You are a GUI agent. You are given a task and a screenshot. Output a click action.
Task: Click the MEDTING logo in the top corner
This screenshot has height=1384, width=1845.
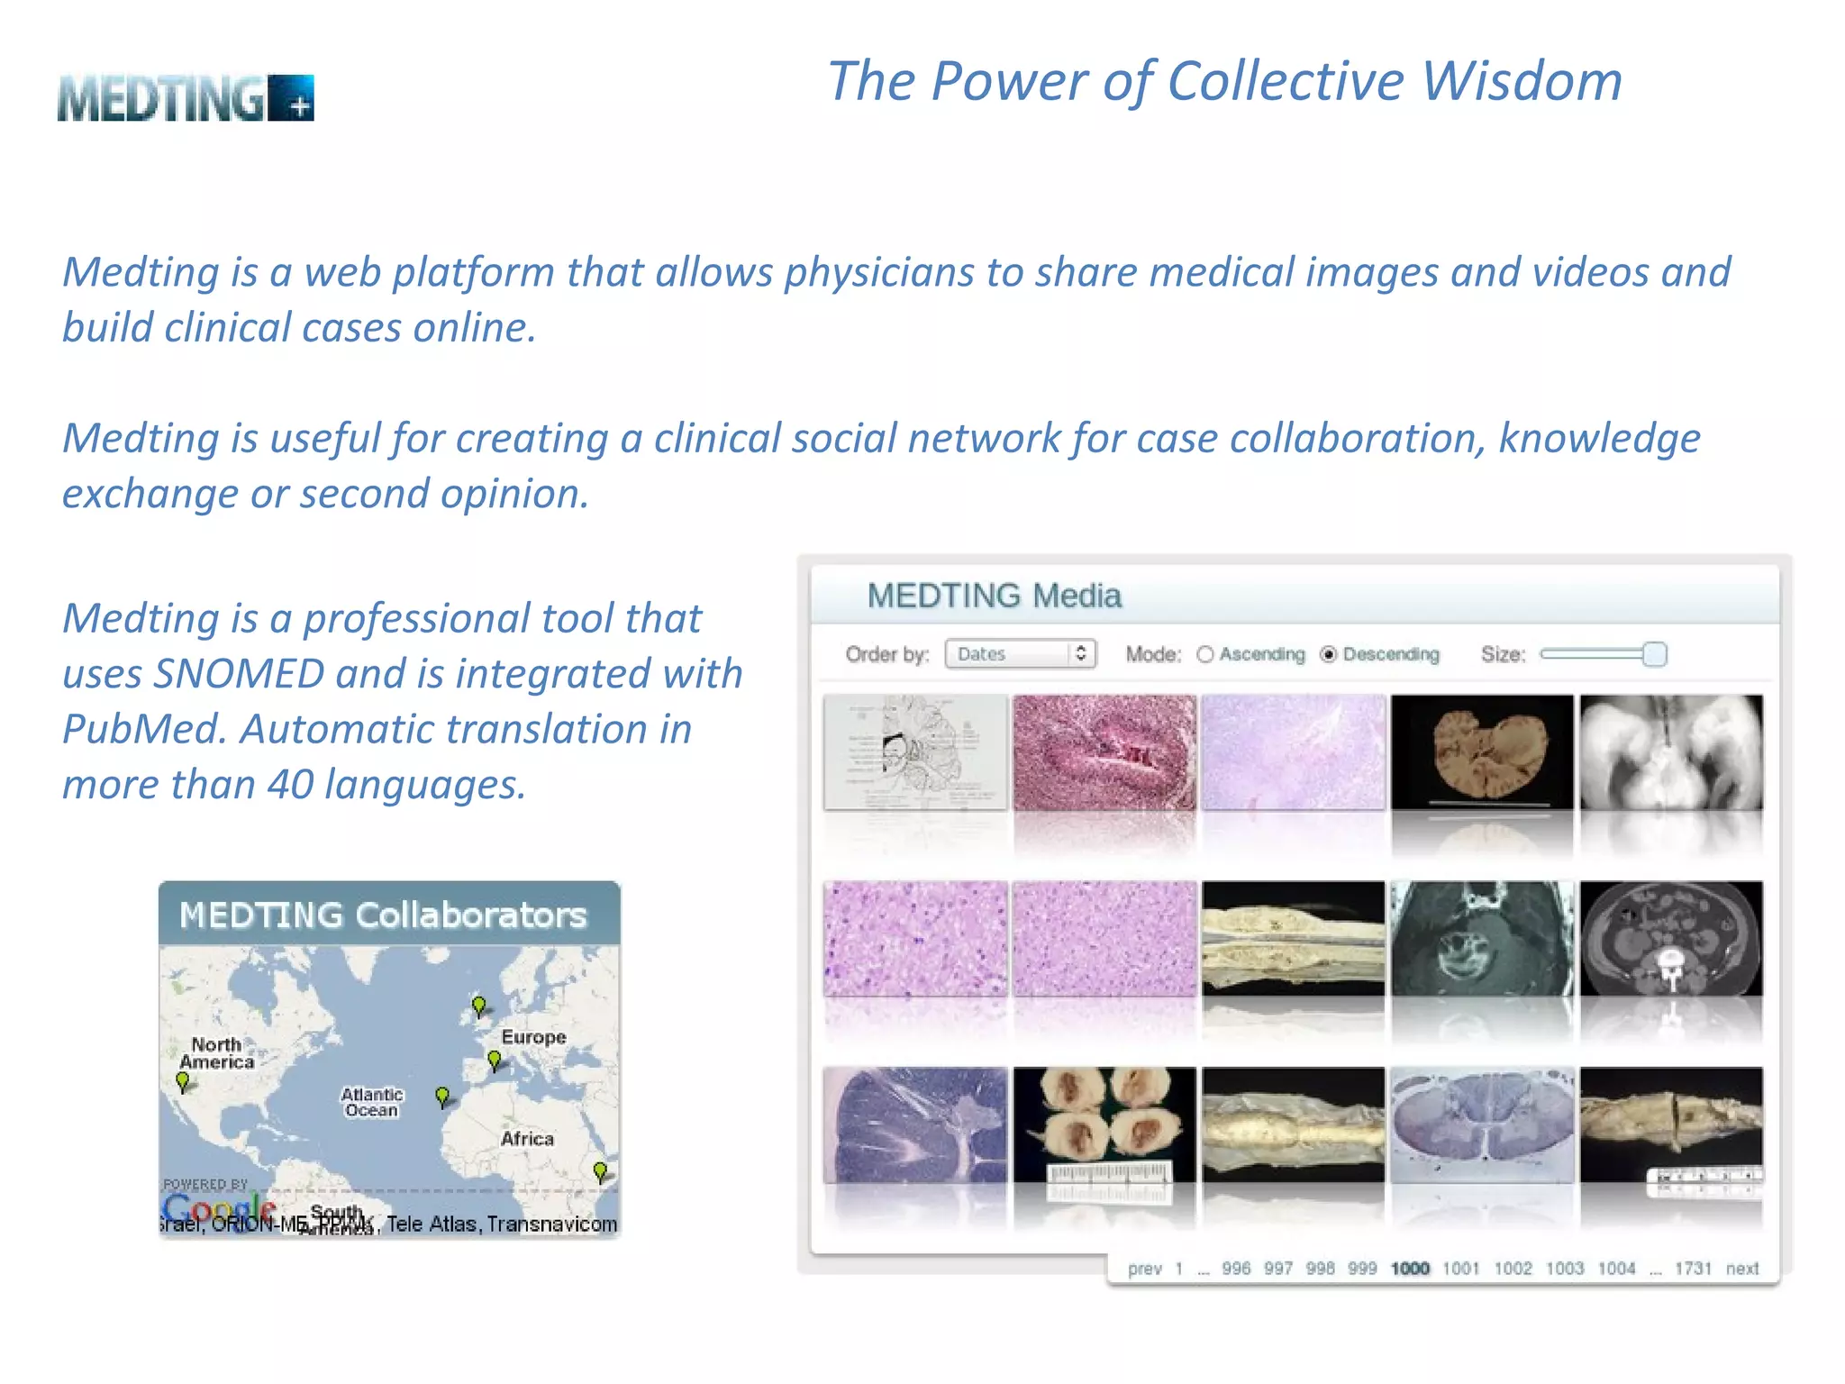[186, 98]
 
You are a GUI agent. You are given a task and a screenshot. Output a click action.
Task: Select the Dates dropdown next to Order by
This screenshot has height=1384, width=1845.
[1020, 654]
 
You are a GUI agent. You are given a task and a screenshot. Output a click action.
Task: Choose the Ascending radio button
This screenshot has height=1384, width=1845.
[1205, 654]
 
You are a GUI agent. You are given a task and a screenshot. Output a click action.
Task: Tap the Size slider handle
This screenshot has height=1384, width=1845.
[1654, 654]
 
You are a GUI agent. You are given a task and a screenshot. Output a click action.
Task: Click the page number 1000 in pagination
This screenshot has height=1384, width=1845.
[1410, 1269]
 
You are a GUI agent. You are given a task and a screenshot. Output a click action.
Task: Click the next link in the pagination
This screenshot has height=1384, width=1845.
[1742, 1269]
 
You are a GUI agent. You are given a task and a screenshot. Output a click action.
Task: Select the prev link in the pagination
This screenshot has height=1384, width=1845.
[1144, 1269]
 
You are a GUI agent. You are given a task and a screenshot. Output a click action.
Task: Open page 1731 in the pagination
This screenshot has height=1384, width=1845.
[1693, 1269]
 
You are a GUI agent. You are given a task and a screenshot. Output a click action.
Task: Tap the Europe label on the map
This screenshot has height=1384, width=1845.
[533, 1037]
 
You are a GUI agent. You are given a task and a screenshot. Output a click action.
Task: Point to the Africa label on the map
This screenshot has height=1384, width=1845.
[527, 1139]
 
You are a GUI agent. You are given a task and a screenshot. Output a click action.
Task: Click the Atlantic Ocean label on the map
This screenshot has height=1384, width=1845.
[371, 1102]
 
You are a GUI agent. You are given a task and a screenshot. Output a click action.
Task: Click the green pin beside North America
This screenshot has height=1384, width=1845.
[183, 1081]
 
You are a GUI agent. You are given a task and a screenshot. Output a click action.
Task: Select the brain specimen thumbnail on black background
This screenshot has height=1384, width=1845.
[1482, 751]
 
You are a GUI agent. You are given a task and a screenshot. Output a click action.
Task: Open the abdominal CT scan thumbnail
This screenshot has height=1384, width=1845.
[1671, 939]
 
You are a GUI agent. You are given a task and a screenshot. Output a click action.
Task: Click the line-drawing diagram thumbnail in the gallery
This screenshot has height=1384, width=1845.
[915, 751]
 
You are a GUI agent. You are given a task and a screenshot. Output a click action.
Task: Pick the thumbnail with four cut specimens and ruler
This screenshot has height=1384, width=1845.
[1104, 1125]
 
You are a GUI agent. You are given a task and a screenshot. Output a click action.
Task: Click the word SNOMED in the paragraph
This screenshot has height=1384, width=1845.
[239, 674]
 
